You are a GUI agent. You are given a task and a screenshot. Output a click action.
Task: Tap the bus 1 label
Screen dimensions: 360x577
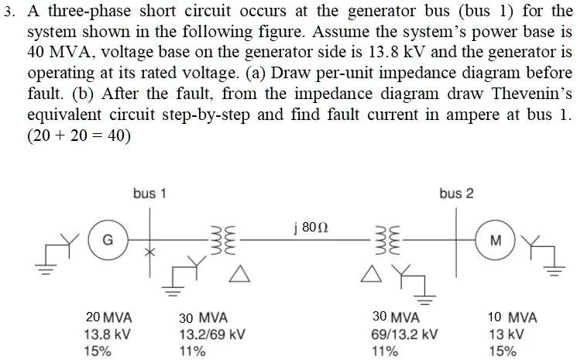tap(149, 194)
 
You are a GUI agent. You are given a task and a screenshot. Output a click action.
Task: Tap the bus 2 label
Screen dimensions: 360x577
tap(456, 193)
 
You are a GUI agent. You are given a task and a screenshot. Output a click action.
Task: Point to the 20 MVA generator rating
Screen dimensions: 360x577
tap(108, 318)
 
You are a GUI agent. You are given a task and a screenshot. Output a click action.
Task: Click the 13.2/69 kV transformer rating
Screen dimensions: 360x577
tap(212, 334)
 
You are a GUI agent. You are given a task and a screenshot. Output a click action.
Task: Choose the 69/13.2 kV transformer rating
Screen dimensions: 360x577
tap(405, 334)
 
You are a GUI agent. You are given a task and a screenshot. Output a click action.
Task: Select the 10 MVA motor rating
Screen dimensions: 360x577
tap(512, 318)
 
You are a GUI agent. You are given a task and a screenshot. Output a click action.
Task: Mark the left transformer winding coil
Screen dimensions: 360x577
tap(217, 238)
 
